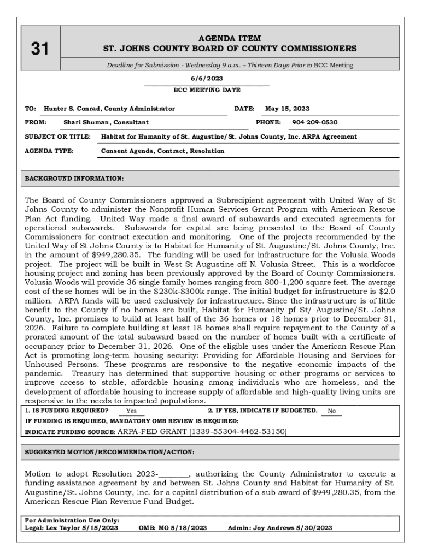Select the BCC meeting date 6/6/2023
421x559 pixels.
tap(206, 79)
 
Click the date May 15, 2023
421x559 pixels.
tap(287, 109)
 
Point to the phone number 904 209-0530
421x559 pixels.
tap(314, 122)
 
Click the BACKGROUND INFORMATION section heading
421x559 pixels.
tap(74, 179)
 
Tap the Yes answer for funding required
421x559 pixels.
tap(131, 411)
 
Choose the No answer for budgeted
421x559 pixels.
tap(331, 411)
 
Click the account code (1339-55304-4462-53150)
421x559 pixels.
tap(238, 431)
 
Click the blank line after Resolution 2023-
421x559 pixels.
tap(174, 473)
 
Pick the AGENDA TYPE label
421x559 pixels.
tap(49, 151)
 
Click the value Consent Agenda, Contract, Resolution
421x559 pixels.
tap(162, 151)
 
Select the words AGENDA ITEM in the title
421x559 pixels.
tap(230, 39)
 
